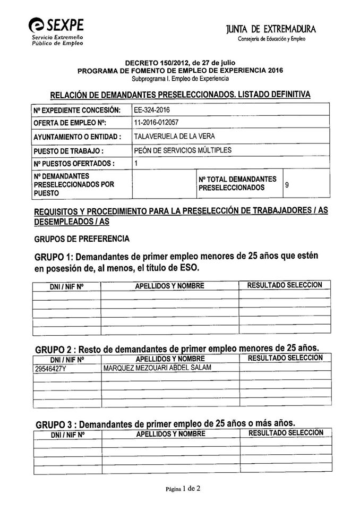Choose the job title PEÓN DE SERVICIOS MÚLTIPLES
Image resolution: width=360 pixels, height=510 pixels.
tap(183, 150)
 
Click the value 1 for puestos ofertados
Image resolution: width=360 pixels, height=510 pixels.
tap(136, 164)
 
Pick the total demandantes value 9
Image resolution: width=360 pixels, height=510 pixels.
tap(287, 185)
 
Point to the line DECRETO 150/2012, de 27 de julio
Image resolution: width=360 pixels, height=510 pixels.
tap(180, 63)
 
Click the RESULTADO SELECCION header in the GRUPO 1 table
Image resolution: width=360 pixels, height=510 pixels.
tap(285, 285)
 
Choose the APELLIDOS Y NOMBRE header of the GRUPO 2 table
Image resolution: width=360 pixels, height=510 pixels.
tap(170, 359)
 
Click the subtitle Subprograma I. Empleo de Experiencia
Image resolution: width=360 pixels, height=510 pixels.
tap(180, 79)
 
